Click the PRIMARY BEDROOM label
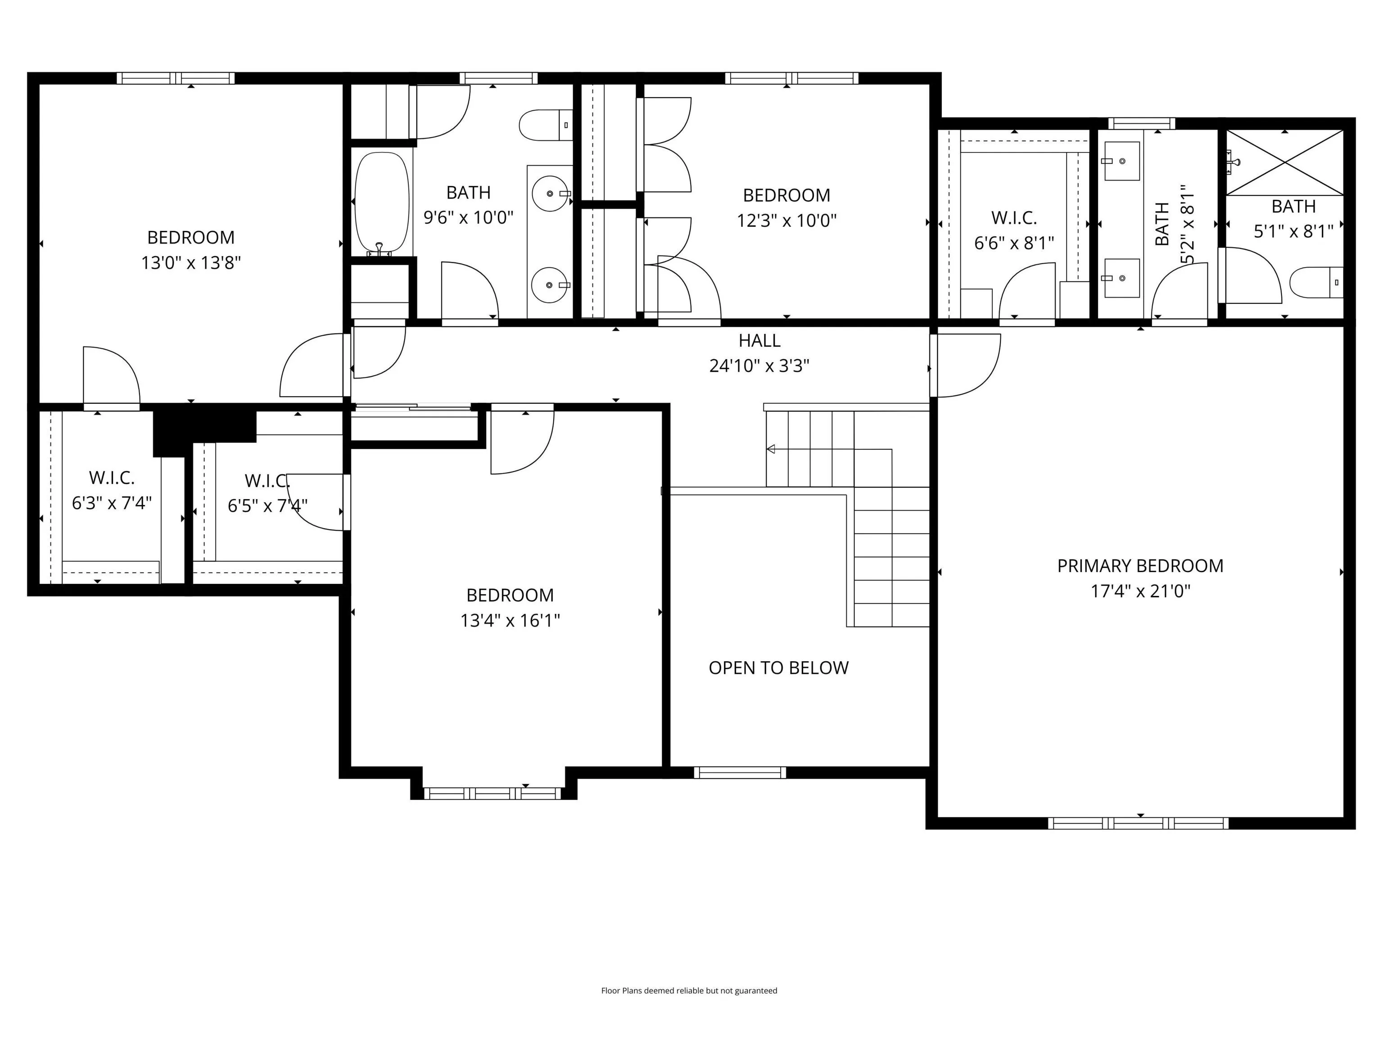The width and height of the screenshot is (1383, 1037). coord(1140,566)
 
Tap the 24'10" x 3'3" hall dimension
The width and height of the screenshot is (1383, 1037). coord(759,365)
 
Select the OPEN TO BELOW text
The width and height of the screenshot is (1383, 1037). coord(778,667)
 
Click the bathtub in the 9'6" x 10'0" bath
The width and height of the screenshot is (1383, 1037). coord(382,204)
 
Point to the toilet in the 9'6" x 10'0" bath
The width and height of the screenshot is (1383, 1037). coord(546,125)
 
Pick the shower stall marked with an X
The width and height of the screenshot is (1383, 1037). coord(1284,162)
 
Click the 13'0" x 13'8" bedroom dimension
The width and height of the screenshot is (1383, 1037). coord(191,262)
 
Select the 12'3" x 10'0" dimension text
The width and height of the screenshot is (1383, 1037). coord(786,221)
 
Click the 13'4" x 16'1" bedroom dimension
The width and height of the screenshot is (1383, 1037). coord(510,621)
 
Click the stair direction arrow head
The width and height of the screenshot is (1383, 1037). coord(771,449)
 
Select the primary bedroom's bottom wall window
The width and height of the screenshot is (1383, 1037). coord(1138,823)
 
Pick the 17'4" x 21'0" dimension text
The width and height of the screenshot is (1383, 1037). coord(1140,591)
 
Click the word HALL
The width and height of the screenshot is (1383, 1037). coord(759,341)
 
